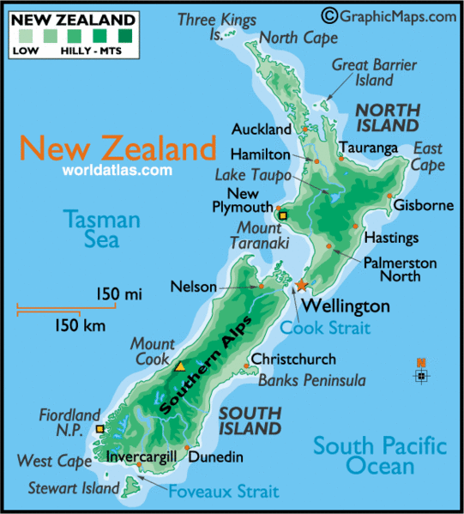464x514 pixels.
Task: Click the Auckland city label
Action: coord(262,130)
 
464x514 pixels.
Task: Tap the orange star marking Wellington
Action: coord(301,285)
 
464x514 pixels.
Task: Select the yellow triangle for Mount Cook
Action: coord(180,366)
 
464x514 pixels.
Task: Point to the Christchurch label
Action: coord(293,360)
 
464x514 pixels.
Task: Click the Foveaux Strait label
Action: coord(223,492)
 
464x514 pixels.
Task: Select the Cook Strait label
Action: coord(326,327)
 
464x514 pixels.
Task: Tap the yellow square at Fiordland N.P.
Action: coord(100,428)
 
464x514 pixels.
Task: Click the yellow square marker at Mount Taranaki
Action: coord(283,216)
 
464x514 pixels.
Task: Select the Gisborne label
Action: coord(423,206)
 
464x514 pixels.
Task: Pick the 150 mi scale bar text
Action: coord(118,295)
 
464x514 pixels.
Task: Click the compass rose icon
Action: coord(420,375)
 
